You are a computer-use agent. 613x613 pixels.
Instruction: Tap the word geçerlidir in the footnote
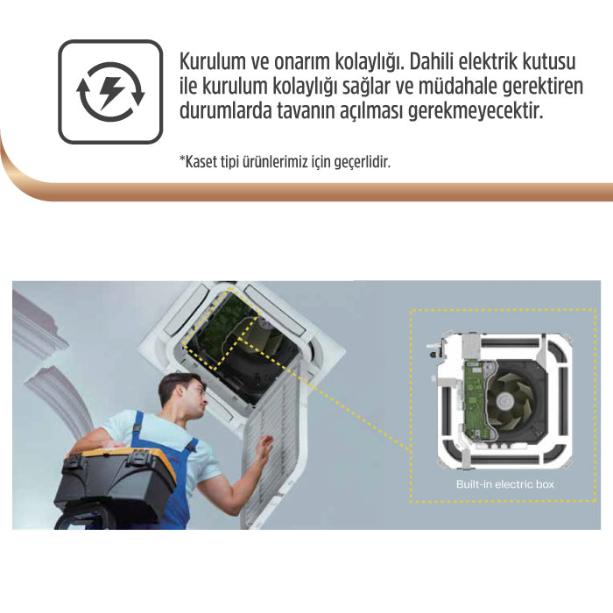tap(361, 163)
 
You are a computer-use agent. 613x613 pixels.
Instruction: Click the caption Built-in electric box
tap(504, 484)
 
